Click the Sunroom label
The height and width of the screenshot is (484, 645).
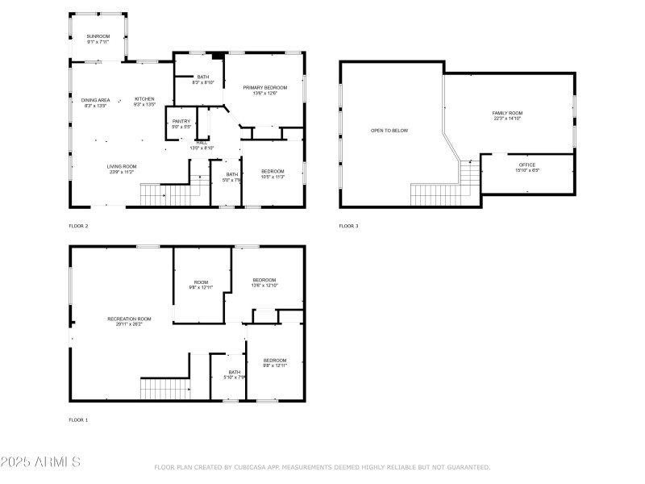(x=98, y=36)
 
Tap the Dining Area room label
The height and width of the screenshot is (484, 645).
(x=95, y=100)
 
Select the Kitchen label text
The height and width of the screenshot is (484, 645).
(x=144, y=99)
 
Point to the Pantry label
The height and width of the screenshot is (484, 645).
(x=181, y=121)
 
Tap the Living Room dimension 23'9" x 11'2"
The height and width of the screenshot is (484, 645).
(x=123, y=172)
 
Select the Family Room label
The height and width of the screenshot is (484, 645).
(x=508, y=113)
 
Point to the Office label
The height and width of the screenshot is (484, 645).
(x=526, y=165)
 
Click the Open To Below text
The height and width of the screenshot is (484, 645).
(x=389, y=130)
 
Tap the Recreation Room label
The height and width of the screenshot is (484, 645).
(x=130, y=319)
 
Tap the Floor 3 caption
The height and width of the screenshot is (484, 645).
(x=348, y=226)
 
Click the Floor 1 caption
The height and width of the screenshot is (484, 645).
(x=78, y=420)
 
